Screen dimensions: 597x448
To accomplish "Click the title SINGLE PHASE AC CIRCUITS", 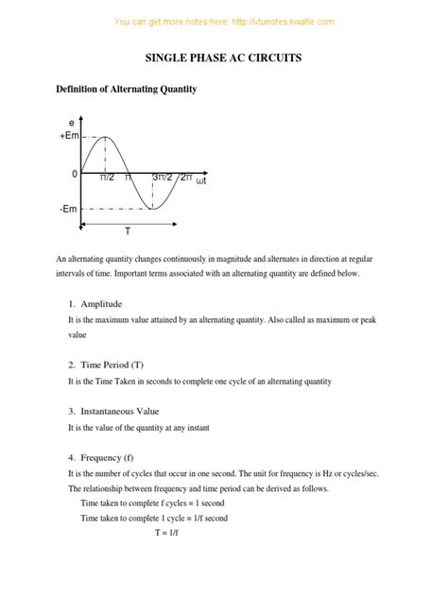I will pyautogui.click(x=223, y=58).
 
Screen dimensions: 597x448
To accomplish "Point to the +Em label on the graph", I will pyautogui.click(x=68, y=137).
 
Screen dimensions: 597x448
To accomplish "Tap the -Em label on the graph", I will pyautogui.click(x=67, y=209).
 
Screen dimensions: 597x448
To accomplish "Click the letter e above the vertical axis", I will pyautogui.click(x=72, y=123).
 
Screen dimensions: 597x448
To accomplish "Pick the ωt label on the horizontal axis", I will pyautogui.click(x=200, y=180).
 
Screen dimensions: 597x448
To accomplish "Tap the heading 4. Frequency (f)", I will pyautogui.click(x=101, y=457).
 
